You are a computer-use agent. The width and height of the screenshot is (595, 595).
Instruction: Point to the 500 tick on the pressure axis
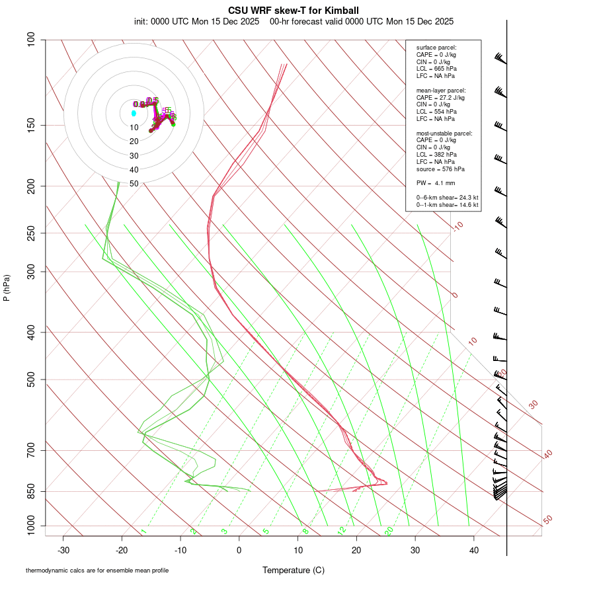click(30, 379)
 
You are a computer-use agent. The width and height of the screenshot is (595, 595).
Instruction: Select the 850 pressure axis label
click(30, 491)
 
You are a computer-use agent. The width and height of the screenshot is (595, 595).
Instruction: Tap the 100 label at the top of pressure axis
click(30, 40)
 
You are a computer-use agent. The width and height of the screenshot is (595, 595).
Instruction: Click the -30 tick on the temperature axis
click(63, 550)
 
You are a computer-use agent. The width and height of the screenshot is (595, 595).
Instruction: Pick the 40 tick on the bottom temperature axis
click(474, 550)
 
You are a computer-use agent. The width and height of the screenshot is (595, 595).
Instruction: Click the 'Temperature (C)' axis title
click(294, 570)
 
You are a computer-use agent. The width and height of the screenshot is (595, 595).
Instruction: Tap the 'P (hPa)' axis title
click(7, 288)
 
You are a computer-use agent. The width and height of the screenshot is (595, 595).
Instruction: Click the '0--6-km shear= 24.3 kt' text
click(447, 198)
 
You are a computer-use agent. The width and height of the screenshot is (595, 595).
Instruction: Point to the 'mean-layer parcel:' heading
click(441, 90)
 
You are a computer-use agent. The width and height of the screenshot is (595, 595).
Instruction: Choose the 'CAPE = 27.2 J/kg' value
click(440, 97)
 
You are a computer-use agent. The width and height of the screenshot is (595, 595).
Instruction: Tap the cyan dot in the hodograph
click(134, 113)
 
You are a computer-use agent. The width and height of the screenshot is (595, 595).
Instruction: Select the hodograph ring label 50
click(134, 184)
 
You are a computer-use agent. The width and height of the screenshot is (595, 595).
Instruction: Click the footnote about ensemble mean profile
click(97, 571)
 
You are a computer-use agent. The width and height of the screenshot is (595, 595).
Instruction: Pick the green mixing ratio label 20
click(389, 531)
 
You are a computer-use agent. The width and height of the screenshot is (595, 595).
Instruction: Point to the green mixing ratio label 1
click(143, 531)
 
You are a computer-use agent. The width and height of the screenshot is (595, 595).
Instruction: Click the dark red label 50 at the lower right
click(547, 520)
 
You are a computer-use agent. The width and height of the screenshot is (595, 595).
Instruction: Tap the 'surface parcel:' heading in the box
click(436, 48)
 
